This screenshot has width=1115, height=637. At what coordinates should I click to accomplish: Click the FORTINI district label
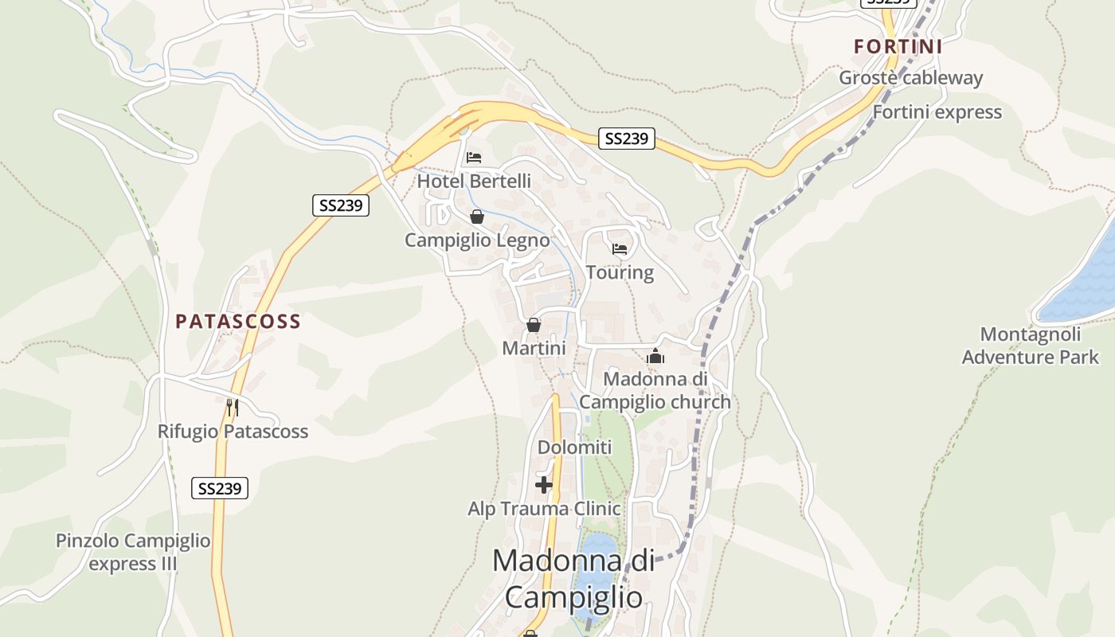pyautogui.click(x=898, y=46)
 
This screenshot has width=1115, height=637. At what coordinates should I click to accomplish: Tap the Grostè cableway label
pyautogui.click(x=910, y=78)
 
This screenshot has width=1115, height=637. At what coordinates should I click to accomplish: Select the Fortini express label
pyautogui.click(x=937, y=112)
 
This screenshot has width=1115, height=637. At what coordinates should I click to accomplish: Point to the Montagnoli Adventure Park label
pyautogui.click(x=1030, y=346)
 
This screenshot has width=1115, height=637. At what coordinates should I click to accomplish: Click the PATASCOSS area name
pyautogui.click(x=238, y=322)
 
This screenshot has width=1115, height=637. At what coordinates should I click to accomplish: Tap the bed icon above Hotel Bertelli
pyautogui.click(x=474, y=158)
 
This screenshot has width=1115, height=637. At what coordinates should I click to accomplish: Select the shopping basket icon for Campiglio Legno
pyautogui.click(x=476, y=217)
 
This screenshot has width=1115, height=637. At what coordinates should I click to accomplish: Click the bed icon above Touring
pyautogui.click(x=620, y=249)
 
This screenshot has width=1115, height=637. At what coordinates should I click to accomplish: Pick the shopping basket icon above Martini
pyautogui.click(x=534, y=325)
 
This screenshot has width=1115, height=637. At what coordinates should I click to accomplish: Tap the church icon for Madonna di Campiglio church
pyautogui.click(x=655, y=356)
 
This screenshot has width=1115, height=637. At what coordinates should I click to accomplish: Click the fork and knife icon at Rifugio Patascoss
pyautogui.click(x=233, y=408)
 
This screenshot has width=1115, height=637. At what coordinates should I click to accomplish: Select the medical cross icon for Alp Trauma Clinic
pyautogui.click(x=544, y=484)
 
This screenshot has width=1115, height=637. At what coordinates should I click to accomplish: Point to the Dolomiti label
pyautogui.click(x=575, y=447)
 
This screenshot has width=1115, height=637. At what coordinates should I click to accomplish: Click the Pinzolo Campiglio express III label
pyautogui.click(x=133, y=553)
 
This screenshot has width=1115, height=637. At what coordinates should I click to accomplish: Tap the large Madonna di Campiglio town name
pyautogui.click(x=573, y=578)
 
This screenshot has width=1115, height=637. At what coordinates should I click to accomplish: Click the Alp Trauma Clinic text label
pyautogui.click(x=544, y=509)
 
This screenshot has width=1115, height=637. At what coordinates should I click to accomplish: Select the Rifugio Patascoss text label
pyautogui.click(x=233, y=432)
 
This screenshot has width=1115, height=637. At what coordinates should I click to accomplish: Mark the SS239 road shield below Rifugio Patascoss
pyautogui.click(x=220, y=488)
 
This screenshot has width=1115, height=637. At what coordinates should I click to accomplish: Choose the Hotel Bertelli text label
pyautogui.click(x=474, y=182)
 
